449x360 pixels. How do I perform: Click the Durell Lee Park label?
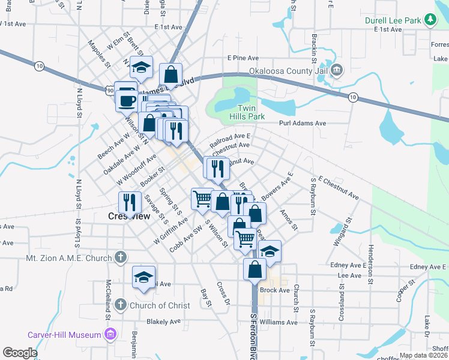pyautogui.click(x=394, y=20)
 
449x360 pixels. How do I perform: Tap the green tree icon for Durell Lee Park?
pyautogui.click(x=430, y=20)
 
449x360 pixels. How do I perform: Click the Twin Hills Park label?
pyautogui.click(x=243, y=112)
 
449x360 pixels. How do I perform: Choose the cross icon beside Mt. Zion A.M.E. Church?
pyautogui.click(x=120, y=258)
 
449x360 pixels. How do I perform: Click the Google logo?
pyautogui.click(x=20, y=353)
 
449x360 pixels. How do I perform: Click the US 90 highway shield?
pyautogui.click(x=110, y=90)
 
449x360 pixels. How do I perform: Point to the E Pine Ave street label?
pyautogui.click(x=243, y=58)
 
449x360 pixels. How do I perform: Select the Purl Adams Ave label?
pyautogui.click(x=303, y=123)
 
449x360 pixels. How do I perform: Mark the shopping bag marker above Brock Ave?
pyautogui.click(x=255, y=269)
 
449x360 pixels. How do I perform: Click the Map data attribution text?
pyautogui.click(x=423, y=355)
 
